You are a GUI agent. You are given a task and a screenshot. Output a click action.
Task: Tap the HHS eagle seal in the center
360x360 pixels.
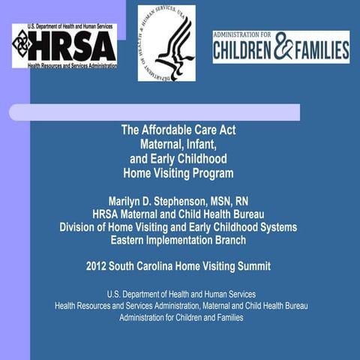coord(166,43)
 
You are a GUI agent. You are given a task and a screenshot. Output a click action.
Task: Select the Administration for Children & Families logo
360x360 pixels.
coord(280,46)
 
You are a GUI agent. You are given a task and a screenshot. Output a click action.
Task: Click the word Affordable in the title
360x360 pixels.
coord(164,130)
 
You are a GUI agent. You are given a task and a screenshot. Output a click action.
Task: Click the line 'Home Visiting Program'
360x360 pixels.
coord(178,173)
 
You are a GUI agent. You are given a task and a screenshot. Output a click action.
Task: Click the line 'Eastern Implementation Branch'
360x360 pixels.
coord(178,240)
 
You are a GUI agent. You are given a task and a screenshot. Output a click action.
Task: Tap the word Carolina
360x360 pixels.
coord(160,265)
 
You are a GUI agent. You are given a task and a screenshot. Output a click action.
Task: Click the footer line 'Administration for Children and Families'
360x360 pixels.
coord(181,317)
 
